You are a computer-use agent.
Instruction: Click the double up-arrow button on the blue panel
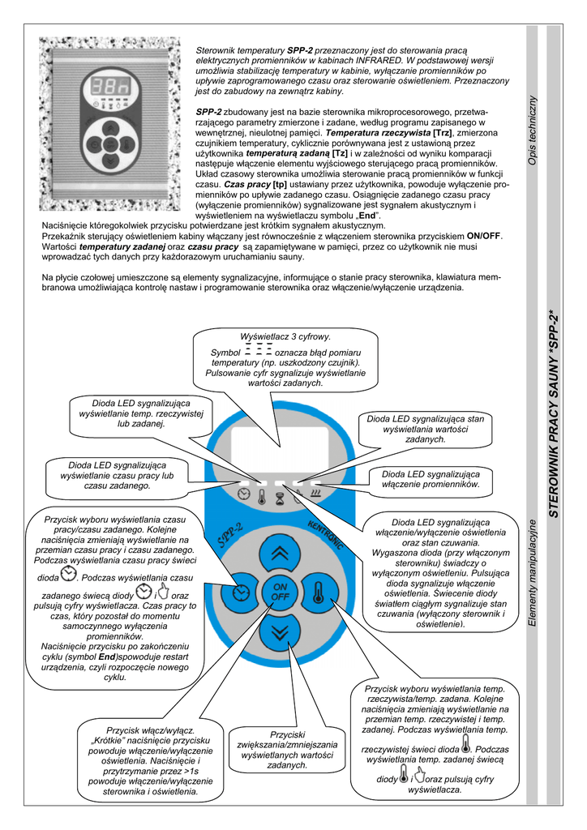tap(280, 554)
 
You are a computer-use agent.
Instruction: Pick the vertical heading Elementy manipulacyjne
tap(532, 575)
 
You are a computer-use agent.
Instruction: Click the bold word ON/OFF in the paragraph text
tap(485, 236)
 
